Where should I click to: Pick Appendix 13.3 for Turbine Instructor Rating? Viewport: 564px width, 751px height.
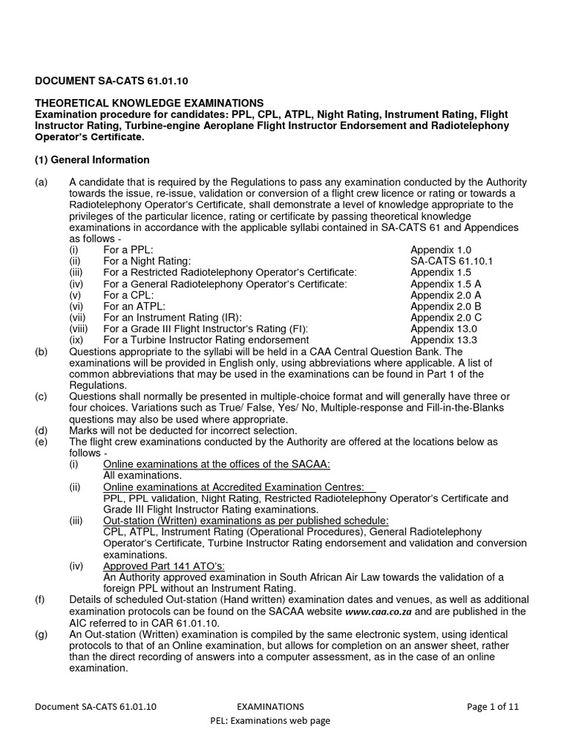point(444,340)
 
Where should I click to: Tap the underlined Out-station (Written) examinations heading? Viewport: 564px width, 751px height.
point(246,521)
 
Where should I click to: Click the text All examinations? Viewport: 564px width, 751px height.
point(142,476)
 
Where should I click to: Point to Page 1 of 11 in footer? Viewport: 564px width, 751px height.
point(493,707)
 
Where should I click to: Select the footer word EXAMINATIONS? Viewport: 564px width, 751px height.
point(270,707)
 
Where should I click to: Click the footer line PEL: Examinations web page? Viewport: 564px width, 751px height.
point(270,721)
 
